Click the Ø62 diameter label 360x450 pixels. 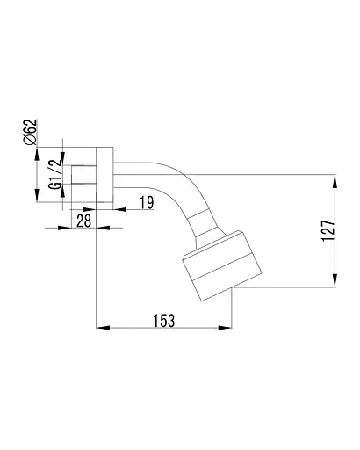30,132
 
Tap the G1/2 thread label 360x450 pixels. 55,173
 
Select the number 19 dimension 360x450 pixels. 147,202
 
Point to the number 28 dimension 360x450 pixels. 84,221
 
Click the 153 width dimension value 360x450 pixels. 164,320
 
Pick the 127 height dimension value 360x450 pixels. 328,230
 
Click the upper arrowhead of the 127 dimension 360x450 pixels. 335,181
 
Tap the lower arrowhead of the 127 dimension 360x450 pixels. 335,280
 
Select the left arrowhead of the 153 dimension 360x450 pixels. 103,328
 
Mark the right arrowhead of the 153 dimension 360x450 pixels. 225,328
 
